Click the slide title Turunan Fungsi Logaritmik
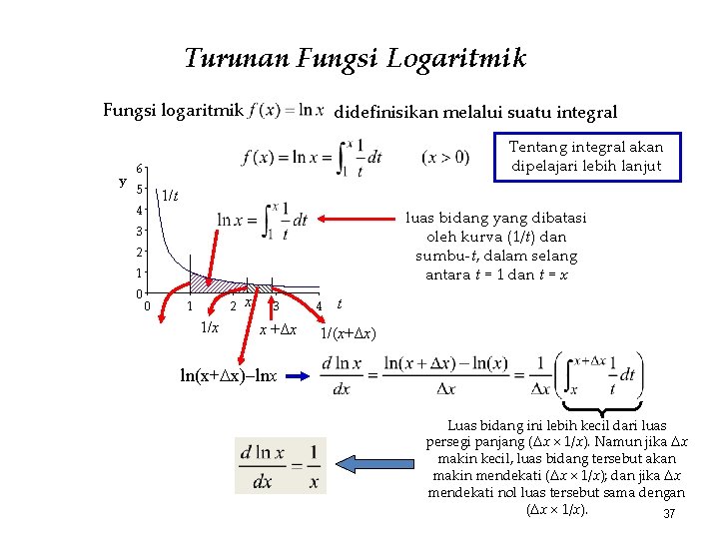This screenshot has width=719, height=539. point(355,59)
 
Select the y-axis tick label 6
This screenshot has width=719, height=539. point(141,169)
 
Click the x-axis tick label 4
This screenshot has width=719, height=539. point(318,305)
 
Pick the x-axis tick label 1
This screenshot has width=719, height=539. point(190,305)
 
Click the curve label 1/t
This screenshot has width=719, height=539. point(171,196)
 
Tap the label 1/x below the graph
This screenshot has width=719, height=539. point(210,328)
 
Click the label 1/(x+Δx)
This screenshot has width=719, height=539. point(349,332)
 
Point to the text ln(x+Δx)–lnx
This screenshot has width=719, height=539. point(229,376)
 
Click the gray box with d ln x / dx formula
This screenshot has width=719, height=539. point(280,465)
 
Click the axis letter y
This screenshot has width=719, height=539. point(122,182)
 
